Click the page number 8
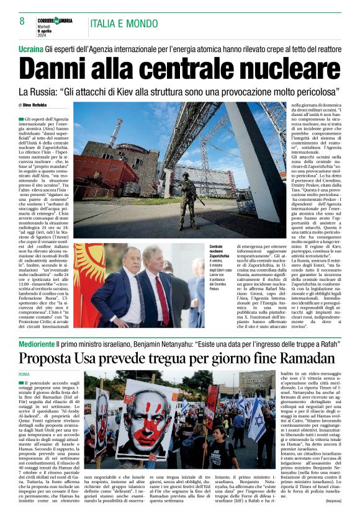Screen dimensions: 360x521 tap(22, 21)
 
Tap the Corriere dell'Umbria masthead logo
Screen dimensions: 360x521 tap(55, 20)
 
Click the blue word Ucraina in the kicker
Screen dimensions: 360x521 tap(31, 48)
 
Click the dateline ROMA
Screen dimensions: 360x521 tap(24, 375)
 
